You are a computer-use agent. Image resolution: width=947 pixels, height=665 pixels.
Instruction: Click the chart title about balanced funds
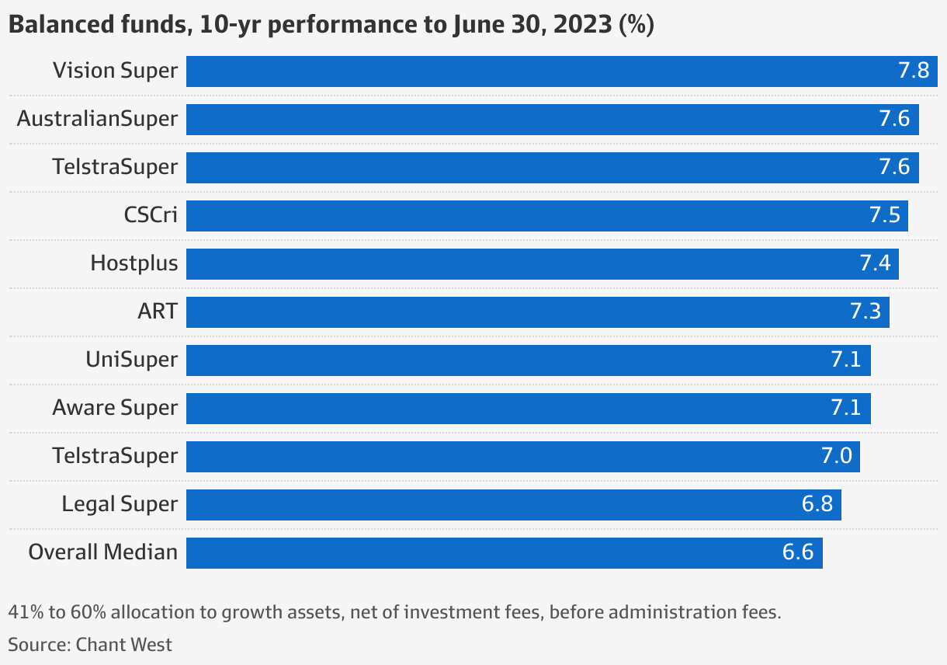pos(331,25)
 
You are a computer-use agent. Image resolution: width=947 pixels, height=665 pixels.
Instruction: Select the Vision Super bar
pos(543,71)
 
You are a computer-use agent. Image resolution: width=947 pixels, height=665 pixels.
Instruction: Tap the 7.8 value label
pos(914,71)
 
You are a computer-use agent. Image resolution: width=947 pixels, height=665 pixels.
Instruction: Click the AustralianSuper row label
pos(97,119)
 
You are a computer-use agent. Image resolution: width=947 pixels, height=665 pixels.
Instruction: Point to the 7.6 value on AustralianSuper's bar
pos(894,120)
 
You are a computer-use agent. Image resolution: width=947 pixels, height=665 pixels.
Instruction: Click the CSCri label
pos(151,215)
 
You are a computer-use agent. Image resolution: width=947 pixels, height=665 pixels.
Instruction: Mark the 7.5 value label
pos(884,216)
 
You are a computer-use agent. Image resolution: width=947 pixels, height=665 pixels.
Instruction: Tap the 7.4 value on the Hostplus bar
pos(875,264)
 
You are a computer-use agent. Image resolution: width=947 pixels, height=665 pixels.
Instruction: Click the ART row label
pos(158,312)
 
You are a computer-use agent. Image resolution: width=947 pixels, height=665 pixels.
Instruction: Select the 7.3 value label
pos(865,312)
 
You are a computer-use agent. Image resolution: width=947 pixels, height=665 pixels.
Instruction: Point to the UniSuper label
pos(131,360)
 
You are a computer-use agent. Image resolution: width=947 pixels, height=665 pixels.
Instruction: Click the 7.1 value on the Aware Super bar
pos(846,408)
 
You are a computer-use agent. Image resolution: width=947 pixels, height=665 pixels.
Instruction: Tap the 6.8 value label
pos(817,504)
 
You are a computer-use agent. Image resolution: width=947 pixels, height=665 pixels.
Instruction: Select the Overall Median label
pos(103,552)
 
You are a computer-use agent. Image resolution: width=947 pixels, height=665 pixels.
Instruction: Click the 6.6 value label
pos(798,552)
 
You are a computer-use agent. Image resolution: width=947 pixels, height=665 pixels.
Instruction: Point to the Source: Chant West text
pos(90,644)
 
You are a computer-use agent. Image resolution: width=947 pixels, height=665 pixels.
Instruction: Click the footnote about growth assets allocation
pos(394,612)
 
